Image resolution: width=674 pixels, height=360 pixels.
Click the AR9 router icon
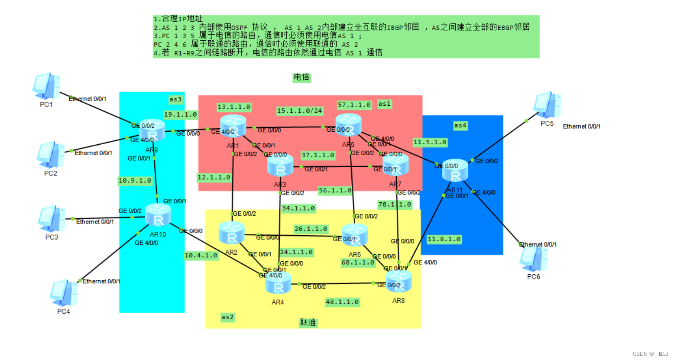point(152,130)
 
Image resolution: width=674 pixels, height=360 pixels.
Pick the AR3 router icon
point(280,166)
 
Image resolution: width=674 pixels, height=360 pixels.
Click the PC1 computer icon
point(46,86)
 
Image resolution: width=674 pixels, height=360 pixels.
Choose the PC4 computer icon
point(64,293)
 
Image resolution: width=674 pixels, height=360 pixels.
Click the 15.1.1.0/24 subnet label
point(300,111)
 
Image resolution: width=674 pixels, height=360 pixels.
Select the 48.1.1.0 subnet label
point(342,302)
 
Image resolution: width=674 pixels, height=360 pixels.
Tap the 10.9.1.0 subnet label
point(135,181)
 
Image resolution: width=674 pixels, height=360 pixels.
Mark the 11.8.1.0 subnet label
point(444,239)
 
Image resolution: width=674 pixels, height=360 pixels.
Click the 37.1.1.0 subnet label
point(318,155)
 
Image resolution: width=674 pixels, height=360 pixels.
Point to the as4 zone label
point(460,126)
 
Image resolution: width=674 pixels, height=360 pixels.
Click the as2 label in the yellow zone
point(227,317)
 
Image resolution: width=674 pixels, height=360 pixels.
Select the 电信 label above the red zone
point(301,78)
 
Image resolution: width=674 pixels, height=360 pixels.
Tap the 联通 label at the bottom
point(308,322)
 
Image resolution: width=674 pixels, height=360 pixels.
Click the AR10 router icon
point(158,215)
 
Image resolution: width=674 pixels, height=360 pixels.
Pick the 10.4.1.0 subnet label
point(201,256)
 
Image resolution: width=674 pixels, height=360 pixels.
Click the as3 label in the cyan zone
point(175,100)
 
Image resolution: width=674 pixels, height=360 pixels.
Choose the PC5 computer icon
point(547,105)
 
